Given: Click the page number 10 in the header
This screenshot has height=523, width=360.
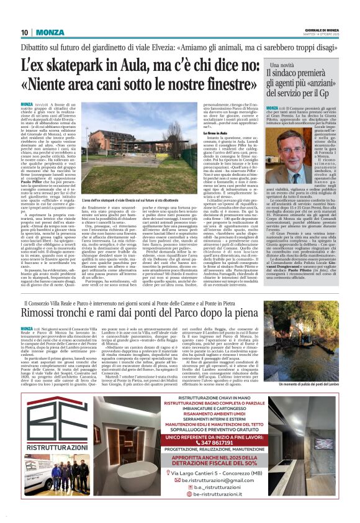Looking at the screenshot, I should (25, 32).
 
